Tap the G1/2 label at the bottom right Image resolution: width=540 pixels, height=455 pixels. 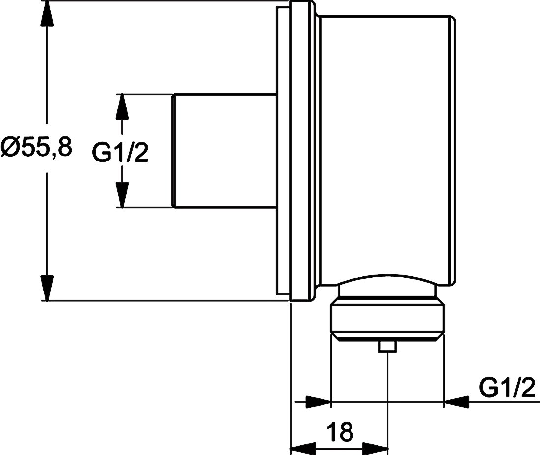507,388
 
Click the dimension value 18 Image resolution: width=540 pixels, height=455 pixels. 339,432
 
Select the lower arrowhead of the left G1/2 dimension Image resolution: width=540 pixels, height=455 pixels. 122,194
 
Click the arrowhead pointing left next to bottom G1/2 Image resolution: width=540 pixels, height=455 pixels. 457,401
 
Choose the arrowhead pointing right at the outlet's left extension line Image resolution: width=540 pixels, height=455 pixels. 318,401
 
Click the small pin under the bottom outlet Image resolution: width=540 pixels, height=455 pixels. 387,347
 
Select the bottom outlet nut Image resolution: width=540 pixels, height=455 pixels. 387,319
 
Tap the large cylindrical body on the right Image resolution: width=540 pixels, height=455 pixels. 385,147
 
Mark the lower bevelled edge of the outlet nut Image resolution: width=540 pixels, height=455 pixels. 387,337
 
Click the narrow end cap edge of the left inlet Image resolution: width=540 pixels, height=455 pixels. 173,150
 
